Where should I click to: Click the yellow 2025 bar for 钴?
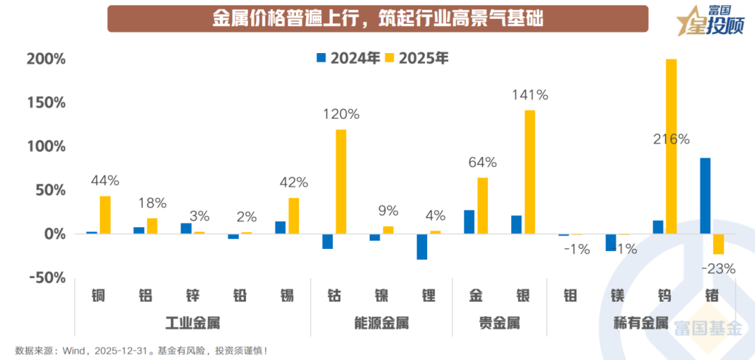click(x=340, y=182)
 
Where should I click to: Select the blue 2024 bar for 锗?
click(x=705, y=196)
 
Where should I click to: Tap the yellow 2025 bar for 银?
click(x=529, y=172)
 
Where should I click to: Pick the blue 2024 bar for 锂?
click(x=422, y=247)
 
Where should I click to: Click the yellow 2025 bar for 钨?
click(x=671, y=147)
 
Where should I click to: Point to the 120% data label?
click(x=340, y=114)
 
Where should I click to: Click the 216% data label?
click(x=671, y=139)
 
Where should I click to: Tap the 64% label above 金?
click(x=482, y=163)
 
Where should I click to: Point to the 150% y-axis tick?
click(x=46, y=103)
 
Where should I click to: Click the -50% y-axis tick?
click(x=46, y=278)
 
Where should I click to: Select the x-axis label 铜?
click(x=99, y=296)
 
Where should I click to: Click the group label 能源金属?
click(x=381, y=323)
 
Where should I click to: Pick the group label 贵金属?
click(x=499, y=323)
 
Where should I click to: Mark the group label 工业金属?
click(x=193, y=323)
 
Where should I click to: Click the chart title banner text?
click(x=377, y=18)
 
